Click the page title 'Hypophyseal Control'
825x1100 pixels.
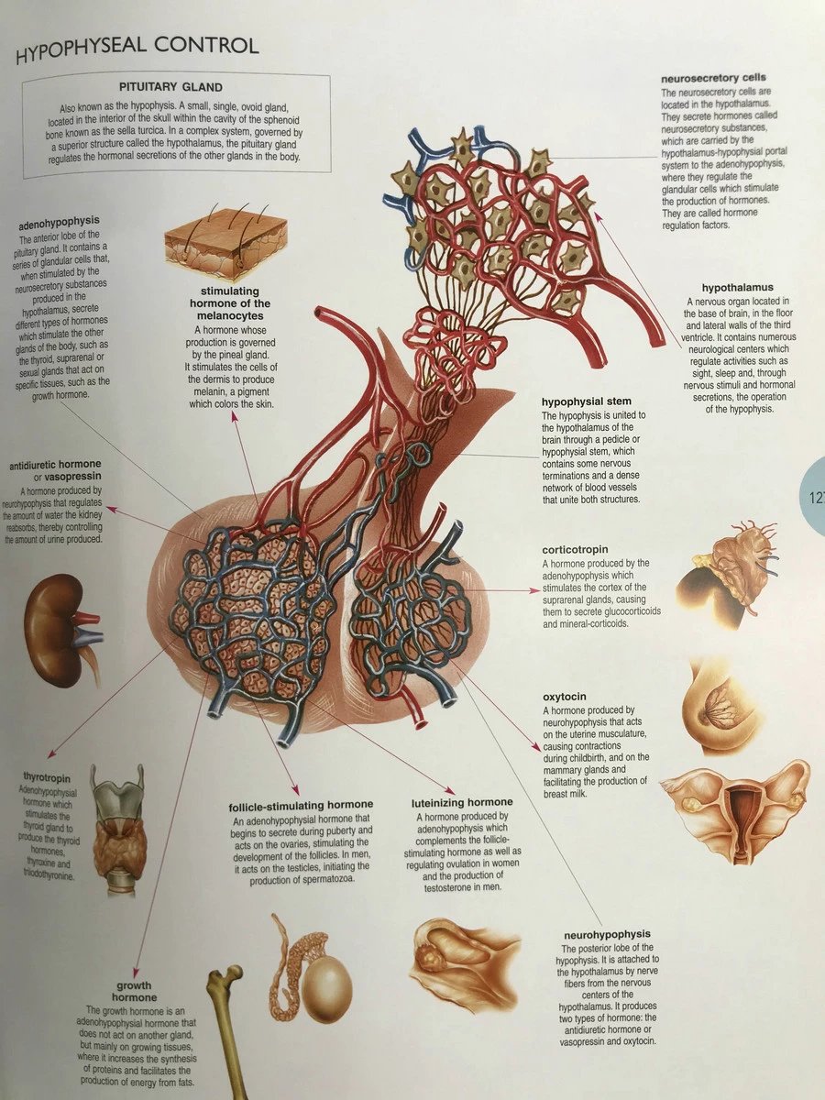pyautogui.click(x=137, y=48)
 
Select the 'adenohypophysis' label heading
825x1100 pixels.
pyautogui.click(x=59, y=222)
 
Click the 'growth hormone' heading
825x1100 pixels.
pyautogui.click(x=135, y=990)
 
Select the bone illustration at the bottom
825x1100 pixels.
pyautogui.click(x=223, y=1027)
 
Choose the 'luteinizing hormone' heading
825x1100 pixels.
pyautogui.click(x=462, y=802)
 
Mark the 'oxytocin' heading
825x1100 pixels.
pyautogui.click(x=565, y=697)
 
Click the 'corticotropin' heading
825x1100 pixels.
pyautogui.click(x=575, y=549)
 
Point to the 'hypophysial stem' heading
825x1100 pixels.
pyautogui.click(x=587, y=401)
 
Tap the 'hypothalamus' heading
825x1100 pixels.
pyautogui.click(x=738, y=288)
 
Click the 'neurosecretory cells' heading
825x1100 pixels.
pyautogui.click(x=714, y=78)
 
